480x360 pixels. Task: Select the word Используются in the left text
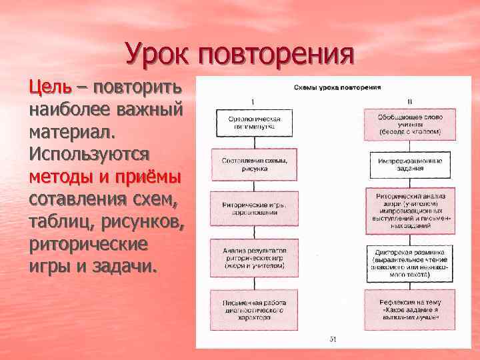(x=89, y=153)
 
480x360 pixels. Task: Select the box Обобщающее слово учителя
(x=410, y=123)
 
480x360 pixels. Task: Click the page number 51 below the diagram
(x=333, y=339)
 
